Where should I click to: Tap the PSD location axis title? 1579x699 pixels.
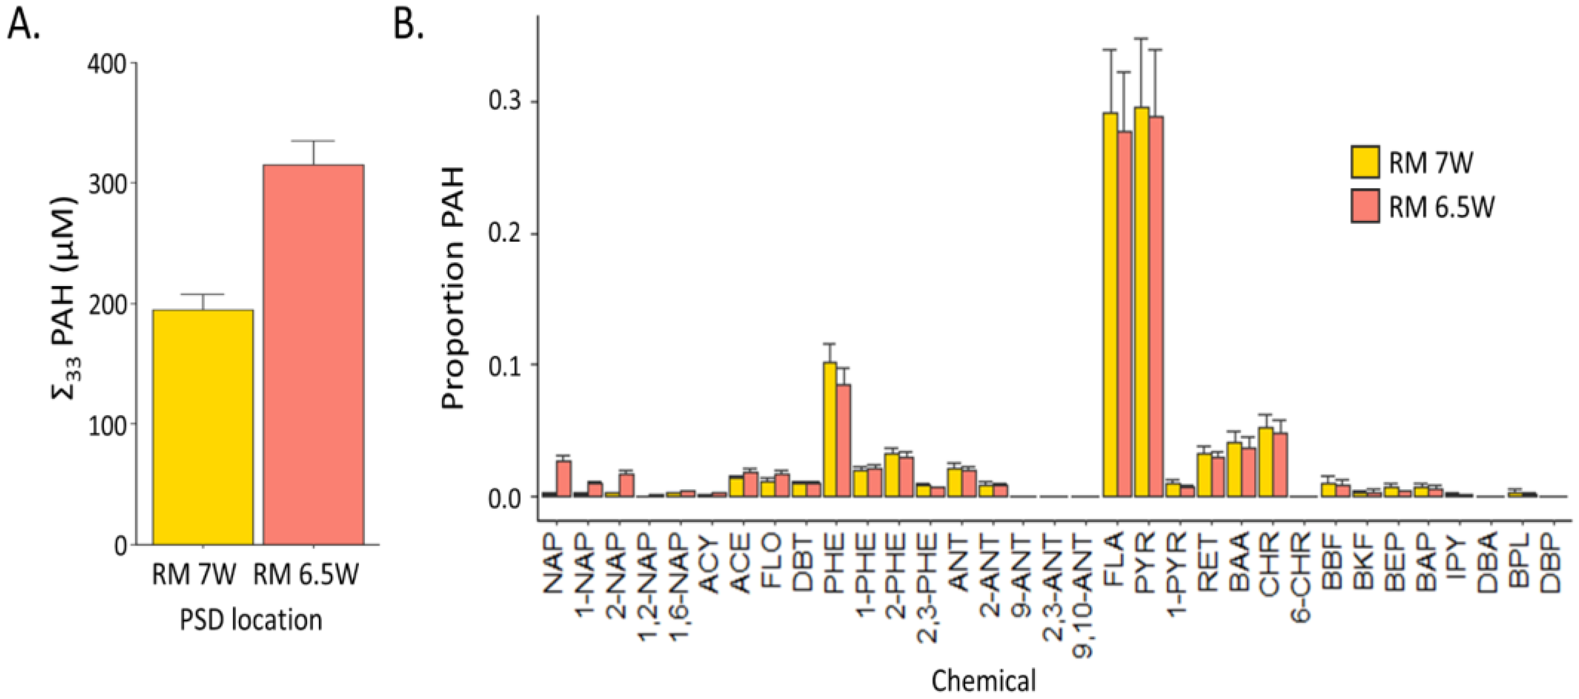tap(251, 620)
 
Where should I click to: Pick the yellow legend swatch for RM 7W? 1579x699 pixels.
tap(1365, 162)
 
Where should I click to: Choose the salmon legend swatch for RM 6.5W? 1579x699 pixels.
tap(1365, 206)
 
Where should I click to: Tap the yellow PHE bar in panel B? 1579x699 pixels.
tap(830, 429)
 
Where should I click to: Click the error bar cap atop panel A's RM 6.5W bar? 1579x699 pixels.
tap(314, 141)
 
